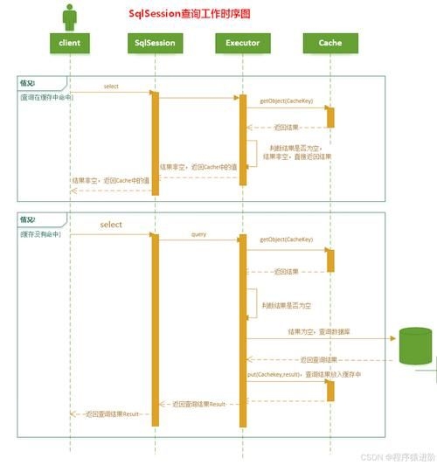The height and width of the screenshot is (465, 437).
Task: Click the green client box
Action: [70, 43]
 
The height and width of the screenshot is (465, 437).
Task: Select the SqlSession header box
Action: [156, 43]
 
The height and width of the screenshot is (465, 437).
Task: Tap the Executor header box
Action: [242, 43]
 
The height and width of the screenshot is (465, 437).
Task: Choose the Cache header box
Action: [329, 43]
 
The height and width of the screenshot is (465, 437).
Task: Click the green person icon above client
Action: [70, 16]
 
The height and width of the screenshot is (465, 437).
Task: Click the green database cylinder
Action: [416, 346]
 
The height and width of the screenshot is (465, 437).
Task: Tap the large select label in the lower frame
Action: [111, 225]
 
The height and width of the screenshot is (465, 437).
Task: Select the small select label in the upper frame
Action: [111, 87]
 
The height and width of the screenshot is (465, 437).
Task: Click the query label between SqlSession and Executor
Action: [198, 235]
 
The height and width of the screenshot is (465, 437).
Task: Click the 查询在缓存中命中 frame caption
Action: [47, 97]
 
